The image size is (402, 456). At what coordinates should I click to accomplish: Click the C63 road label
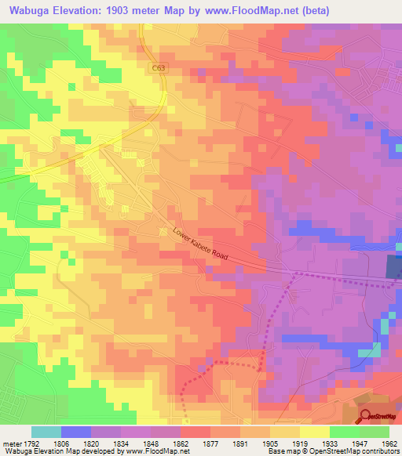[159, 68]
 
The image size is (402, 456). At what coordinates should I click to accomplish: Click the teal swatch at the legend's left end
[46, 432]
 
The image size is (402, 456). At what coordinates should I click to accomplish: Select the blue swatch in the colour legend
[76, 432]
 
